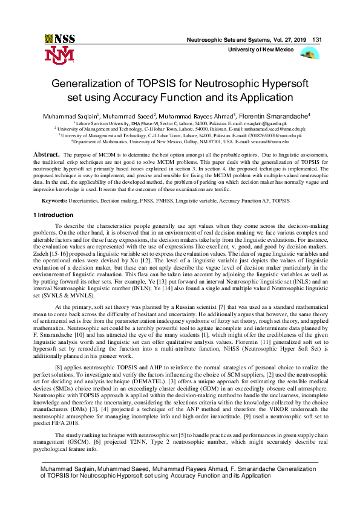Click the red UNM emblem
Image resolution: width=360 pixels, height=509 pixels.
59,56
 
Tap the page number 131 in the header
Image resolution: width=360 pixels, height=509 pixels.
317,39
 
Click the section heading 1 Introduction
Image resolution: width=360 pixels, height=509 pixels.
57,215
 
